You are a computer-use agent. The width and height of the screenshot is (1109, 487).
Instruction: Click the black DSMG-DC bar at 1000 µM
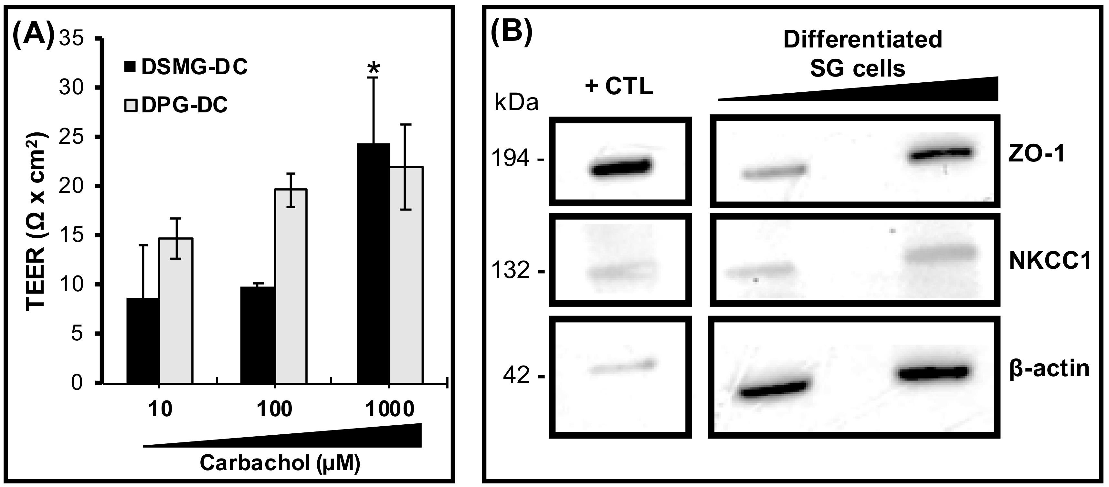(373, 263)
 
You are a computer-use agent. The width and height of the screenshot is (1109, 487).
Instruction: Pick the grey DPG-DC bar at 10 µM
(176, 310)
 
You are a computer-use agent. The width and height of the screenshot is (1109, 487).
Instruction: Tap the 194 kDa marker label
(517, 160)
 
